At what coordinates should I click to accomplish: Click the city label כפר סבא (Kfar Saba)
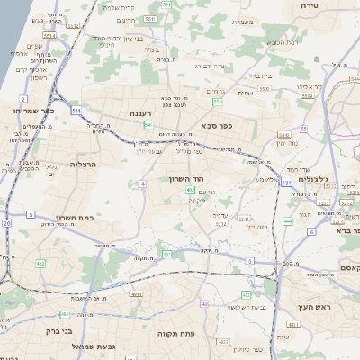[217, 126]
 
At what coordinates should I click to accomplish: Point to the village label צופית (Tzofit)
[245, 93]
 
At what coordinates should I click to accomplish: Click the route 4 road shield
[142, 184]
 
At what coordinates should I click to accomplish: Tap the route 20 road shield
[6, 222]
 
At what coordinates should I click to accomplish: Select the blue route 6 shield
[311, 231]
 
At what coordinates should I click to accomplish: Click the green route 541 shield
[147, 125]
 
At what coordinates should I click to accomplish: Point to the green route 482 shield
[40, 264]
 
